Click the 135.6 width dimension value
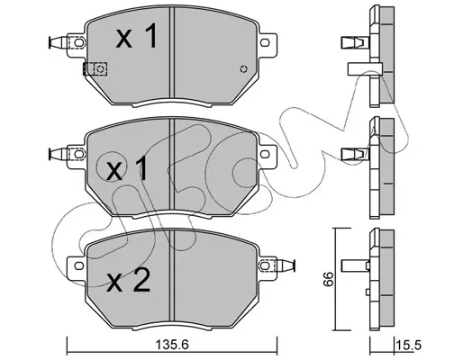(x=172, y=345)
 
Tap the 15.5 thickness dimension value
(x=410, y=345)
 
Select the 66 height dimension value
(x=330, y=279)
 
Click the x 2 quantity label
(x=128, y=281)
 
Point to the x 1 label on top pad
(x=137, y=36)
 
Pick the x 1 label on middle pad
(x=128, y=168)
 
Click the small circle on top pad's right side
(x=243, y=69)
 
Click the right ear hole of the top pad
(x=265, y=42)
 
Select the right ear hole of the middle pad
(x=265, y=154)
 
